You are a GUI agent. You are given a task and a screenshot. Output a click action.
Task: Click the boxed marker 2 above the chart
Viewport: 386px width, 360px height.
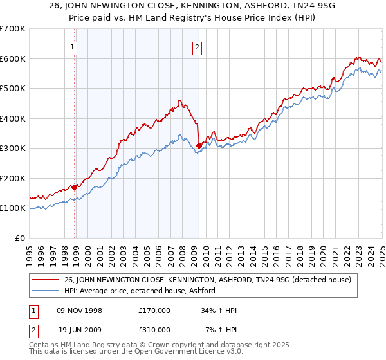click(x=196, y=46)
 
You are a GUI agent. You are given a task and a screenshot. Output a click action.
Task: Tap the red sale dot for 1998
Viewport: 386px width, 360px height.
click(x=75, y=187)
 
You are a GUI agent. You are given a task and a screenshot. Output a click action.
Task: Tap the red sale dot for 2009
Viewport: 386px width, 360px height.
click(x=199, y=145)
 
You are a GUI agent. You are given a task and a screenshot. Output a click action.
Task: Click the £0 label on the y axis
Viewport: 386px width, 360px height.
click(x=21, y=238)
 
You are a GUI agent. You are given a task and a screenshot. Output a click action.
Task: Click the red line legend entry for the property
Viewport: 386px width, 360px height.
click(x=207, y=280)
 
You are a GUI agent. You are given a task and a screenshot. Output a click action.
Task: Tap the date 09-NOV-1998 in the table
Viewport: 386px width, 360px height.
click(x=79, y=310)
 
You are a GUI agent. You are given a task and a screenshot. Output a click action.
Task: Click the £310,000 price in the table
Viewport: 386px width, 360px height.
click(x=154, y=330)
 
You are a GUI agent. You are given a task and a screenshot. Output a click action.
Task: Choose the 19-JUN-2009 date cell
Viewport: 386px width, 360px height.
click(x=79, y=330)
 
